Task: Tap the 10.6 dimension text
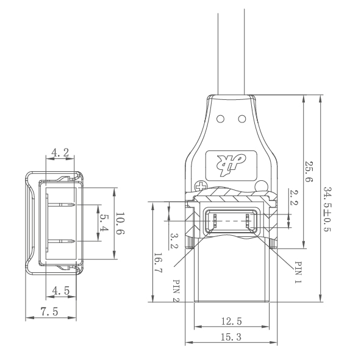(x=120, y=223)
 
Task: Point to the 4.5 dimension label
(x=60, y=291)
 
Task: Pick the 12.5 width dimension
(x=230, y=320)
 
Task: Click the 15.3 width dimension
(x=230, y=338)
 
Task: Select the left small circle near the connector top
(x=221, y=116)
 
